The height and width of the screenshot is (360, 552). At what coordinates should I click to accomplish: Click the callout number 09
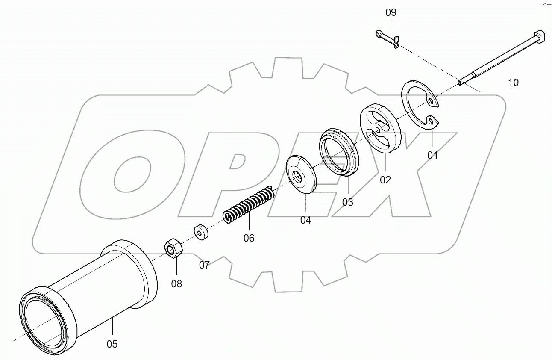391,12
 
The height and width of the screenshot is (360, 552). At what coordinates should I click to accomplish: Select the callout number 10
513,83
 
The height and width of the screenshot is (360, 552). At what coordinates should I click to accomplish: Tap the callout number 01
433,155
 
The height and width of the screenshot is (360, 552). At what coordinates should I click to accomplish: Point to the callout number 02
385,180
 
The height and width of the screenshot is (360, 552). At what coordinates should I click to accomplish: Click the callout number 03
348,202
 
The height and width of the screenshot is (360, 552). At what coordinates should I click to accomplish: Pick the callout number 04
305,220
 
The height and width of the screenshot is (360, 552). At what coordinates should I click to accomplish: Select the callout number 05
112,344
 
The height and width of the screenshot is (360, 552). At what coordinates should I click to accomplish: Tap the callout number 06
249,238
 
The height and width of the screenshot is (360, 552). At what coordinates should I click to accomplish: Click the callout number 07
204,265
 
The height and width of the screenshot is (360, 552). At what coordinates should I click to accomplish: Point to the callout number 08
176,283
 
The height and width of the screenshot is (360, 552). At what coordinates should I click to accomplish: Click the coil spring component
249,204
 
